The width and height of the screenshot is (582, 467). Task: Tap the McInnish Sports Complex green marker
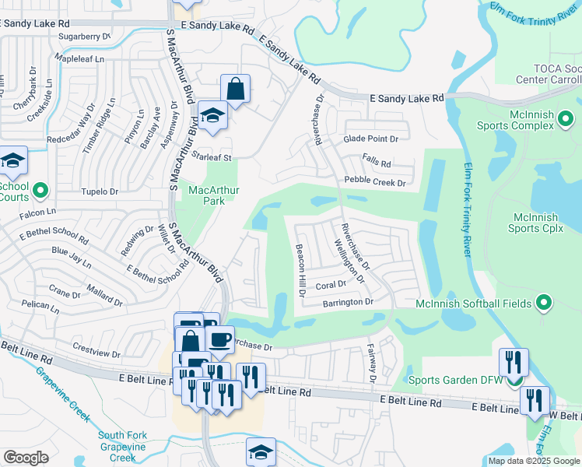(x=566, y=120)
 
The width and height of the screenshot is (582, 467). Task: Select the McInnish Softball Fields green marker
(x=544, y=303)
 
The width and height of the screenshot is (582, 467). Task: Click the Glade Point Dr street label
(x=370, y=139)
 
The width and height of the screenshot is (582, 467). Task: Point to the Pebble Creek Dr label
(x=375, y=183)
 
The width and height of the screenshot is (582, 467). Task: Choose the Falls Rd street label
(x=377, y=160)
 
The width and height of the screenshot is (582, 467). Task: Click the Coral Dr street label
(x=331, y=285)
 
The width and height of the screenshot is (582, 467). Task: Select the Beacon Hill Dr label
(x=299, y=269)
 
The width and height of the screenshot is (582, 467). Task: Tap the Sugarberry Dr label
(x=85, y=36)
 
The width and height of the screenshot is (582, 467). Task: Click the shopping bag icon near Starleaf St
(x=235, y=90)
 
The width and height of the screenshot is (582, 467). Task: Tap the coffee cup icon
(x=219, y=339)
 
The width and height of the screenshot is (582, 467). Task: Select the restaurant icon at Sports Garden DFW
(x=514, y=362)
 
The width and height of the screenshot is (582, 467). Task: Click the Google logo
(x=26, y=458)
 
